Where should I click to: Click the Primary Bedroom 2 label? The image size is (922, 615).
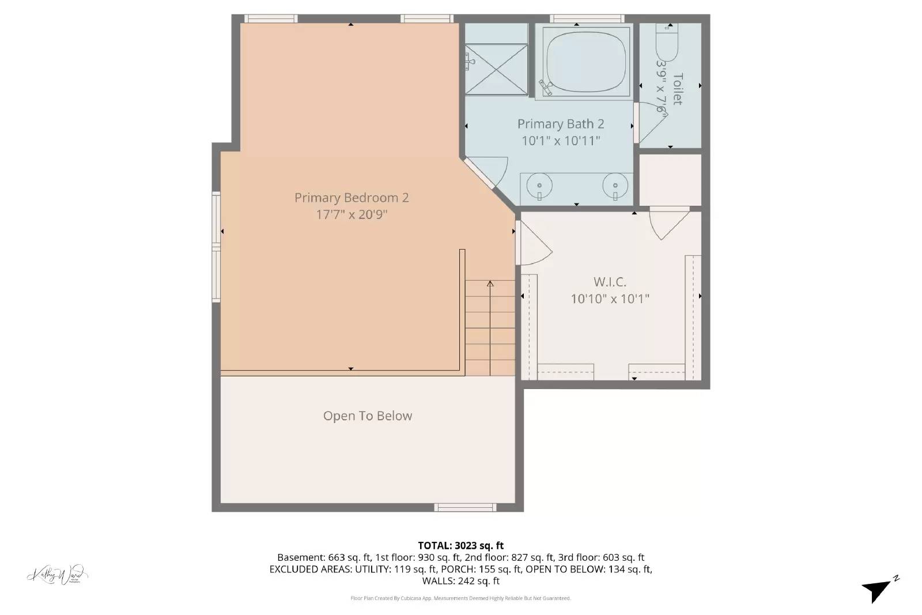[x=352, y=198]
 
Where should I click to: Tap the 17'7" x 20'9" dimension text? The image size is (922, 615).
[x=352, y=214]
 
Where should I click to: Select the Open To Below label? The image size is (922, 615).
[x=368, y=416]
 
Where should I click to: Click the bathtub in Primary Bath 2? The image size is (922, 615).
[x=583, y=62]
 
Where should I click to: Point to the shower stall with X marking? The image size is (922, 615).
[x=496, y=70]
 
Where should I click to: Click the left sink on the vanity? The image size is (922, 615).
[x=540, y=186]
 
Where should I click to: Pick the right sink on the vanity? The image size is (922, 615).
[x=615, y=186]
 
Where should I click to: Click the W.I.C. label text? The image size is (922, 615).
[x=610, y=282]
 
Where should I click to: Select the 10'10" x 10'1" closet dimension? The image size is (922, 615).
[x=610, y=299]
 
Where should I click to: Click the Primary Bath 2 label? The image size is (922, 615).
[x=560, y=124]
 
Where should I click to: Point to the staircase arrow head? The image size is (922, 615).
[x=490, y=283]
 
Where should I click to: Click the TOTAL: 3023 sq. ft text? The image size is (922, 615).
[x=460, y=545]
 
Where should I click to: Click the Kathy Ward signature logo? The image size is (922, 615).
[x=58, y=575]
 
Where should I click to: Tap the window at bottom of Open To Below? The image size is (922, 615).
[x=464, y=507]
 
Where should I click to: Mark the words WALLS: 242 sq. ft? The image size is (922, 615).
[x=460, y=581]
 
